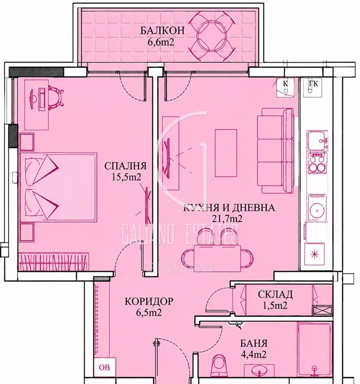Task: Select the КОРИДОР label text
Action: tap(149, 301)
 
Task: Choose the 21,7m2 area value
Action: tap(227, 218)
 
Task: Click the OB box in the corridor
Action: tap(104, 367)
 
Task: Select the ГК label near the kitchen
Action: tap(313, 84)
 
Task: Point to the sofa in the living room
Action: tap(276, 151)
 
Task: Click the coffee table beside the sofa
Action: tap(226, 153)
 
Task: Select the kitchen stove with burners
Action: tap(317, 162)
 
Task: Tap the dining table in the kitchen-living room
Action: tap(218, 258)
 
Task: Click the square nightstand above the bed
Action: tap(26, 142)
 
